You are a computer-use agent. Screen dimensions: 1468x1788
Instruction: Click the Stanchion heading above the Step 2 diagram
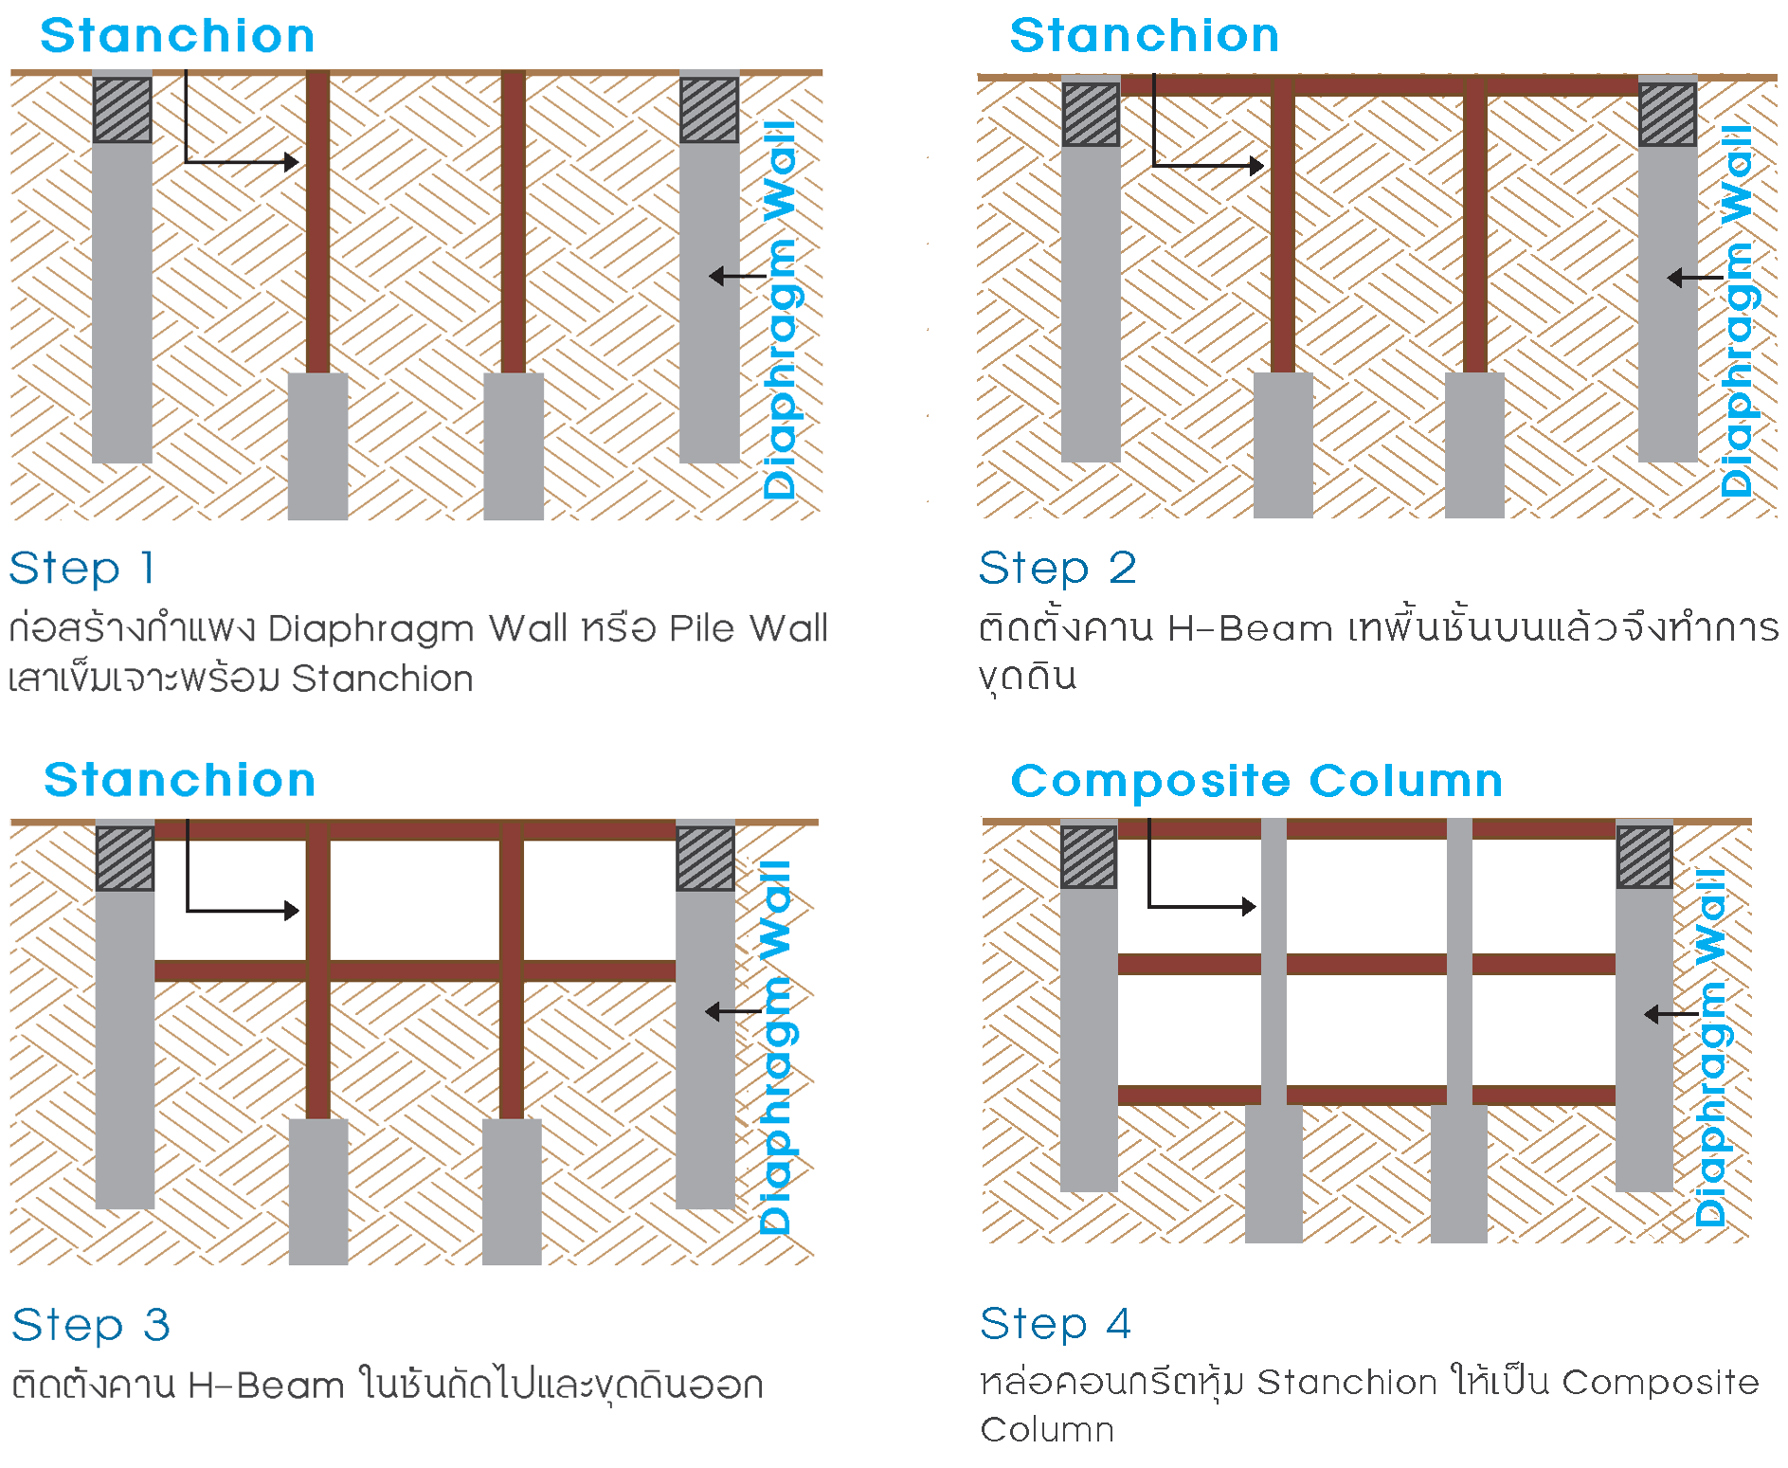1144,36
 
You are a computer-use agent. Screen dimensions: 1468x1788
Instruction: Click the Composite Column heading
1256,782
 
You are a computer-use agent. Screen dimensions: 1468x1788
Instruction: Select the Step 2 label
1057,568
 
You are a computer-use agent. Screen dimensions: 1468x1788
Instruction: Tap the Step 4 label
1056,1323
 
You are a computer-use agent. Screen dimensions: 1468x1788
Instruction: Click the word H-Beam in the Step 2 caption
1250,628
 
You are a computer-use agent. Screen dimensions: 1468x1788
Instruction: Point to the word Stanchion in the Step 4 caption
1346,1383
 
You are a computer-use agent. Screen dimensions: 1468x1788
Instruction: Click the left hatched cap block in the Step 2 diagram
1091,115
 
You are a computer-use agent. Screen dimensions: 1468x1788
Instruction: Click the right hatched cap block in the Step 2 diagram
1668,115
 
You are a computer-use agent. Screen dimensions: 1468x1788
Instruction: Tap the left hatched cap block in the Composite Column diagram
1088,857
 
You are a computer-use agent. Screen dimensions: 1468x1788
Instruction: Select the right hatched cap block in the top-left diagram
709,110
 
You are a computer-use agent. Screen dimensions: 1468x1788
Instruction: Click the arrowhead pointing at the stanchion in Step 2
1257,166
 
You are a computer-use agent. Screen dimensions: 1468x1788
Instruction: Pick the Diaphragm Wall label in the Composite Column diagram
1711,1047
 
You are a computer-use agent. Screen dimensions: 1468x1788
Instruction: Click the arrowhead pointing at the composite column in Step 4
1250,907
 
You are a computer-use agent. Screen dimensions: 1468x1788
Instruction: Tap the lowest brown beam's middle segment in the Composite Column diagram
1366,1096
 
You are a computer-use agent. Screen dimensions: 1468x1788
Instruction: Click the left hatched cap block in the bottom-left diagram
124,858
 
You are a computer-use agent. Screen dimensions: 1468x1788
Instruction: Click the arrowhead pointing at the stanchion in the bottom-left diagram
293,911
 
